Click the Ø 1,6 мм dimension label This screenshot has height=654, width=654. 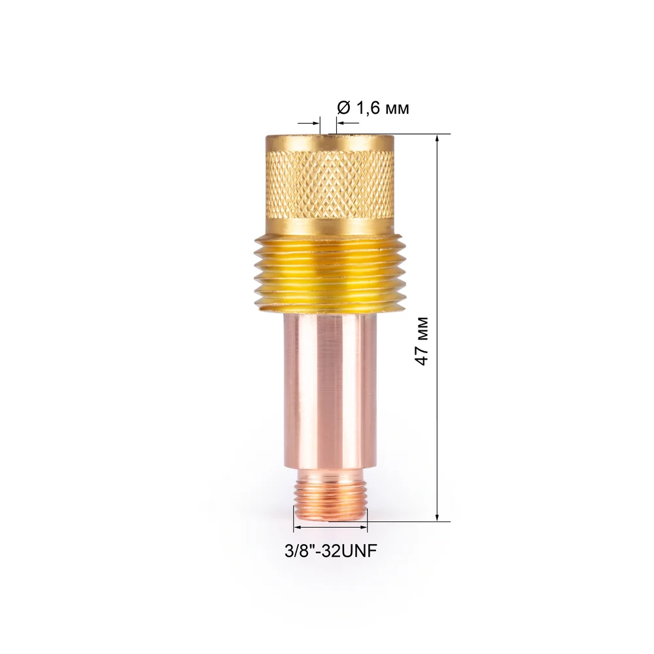pos(373,109)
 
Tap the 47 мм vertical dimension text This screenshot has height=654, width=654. pos(422,341)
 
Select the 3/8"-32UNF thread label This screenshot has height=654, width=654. pos(331,551)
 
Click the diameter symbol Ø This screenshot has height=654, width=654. pos(343,109)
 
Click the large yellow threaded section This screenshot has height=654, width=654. pos(330,273)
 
